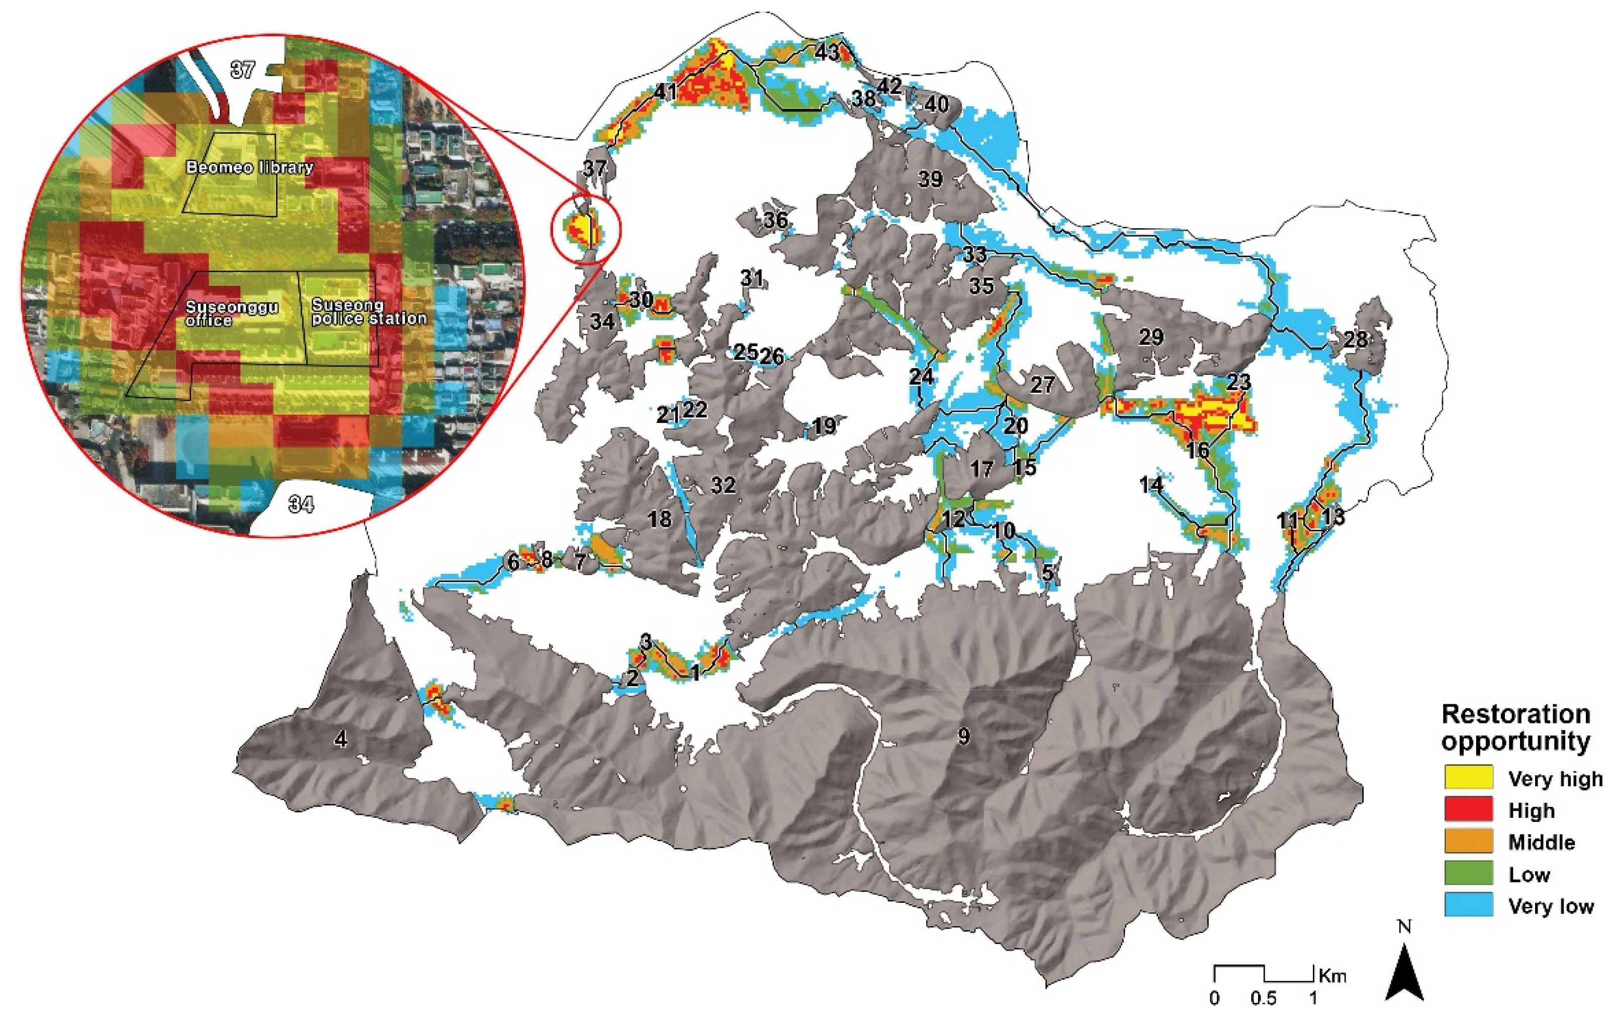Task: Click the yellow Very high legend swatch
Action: coord(1468,777)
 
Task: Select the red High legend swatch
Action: coord(1468,809)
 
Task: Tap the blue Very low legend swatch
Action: coord(1468,906)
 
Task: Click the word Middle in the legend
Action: coord(1541,842)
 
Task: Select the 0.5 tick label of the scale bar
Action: coord(1263,998)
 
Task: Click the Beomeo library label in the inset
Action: coord(249,167)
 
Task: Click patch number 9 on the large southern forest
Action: coord(963,736)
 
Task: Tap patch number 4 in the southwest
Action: coord(341,740)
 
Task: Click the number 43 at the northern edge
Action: coord(827,53)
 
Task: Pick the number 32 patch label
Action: coord(723,485)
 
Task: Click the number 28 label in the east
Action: coord(1356,339)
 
